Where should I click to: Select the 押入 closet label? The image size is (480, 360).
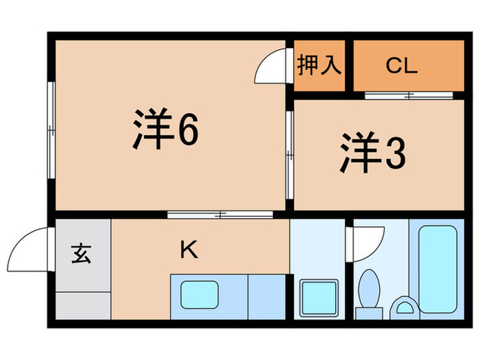pos(319,66)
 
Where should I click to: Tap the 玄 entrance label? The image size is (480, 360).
pos(82,254)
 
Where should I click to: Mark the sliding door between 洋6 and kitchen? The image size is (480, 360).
pos(211,215)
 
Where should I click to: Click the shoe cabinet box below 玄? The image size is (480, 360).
pos(82,304)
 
